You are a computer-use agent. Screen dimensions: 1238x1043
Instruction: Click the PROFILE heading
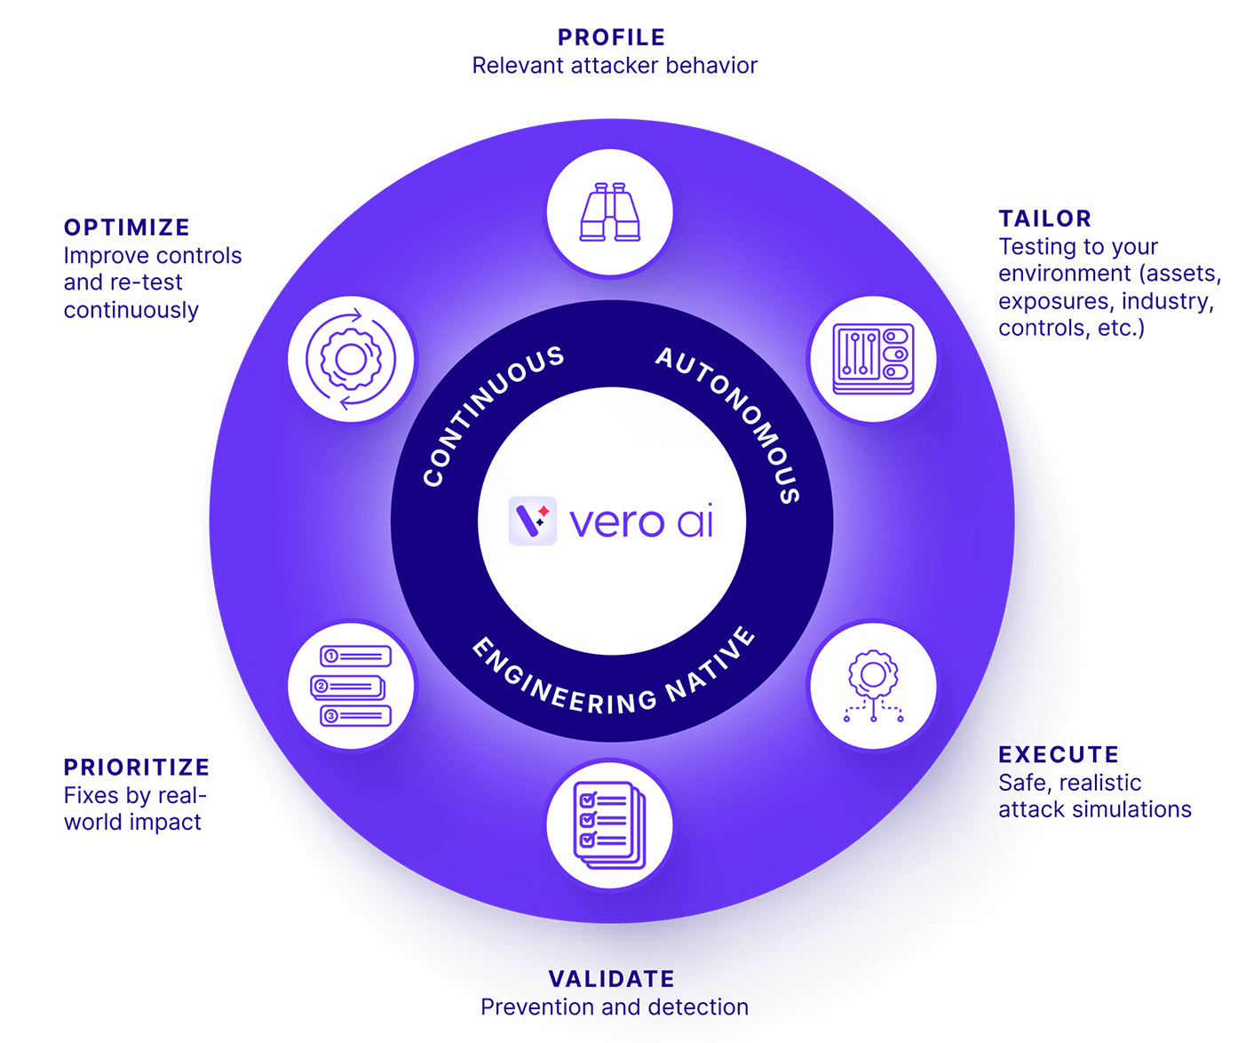click(611, 37)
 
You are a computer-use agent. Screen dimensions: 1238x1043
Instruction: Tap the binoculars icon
click(609, 211)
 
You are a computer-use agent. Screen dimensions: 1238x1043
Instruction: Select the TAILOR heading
click(1044, 219)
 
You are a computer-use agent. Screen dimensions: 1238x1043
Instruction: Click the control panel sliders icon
click(873, 359)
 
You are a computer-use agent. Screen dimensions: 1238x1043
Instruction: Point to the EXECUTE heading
click(1059, 754)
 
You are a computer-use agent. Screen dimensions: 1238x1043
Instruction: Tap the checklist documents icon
click(609, 824)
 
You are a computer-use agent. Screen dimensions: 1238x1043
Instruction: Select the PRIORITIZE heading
click(137, 767)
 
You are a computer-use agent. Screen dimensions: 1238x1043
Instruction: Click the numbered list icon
click(351, 686)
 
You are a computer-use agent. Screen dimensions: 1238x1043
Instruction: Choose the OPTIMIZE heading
click(127, 227)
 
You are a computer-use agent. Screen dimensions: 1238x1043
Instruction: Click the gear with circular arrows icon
click(351, 359)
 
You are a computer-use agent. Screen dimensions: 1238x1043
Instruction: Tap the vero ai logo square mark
click(533, 521)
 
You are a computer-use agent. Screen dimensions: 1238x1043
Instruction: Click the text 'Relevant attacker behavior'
click(615, 65)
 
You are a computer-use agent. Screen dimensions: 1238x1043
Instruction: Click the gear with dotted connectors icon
click(873, 686)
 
